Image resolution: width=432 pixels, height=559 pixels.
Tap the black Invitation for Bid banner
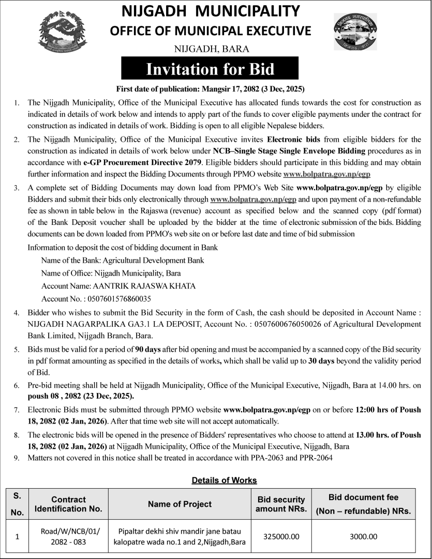(210, 69)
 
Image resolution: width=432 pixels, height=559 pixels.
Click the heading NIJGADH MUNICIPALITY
(210, 10)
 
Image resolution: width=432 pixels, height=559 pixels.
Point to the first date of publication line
(210, 88)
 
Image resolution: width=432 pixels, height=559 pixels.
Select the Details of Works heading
(224, 480)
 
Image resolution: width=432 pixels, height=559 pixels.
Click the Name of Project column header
(180, 504)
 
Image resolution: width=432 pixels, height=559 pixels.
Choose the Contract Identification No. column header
(68, 504)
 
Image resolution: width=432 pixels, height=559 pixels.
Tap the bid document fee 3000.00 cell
(363, 537)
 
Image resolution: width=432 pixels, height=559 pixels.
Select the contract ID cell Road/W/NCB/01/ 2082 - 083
(68, 537)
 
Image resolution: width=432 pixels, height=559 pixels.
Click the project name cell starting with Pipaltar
(180, 537)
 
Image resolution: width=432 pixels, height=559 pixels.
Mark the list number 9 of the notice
(17, 458)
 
